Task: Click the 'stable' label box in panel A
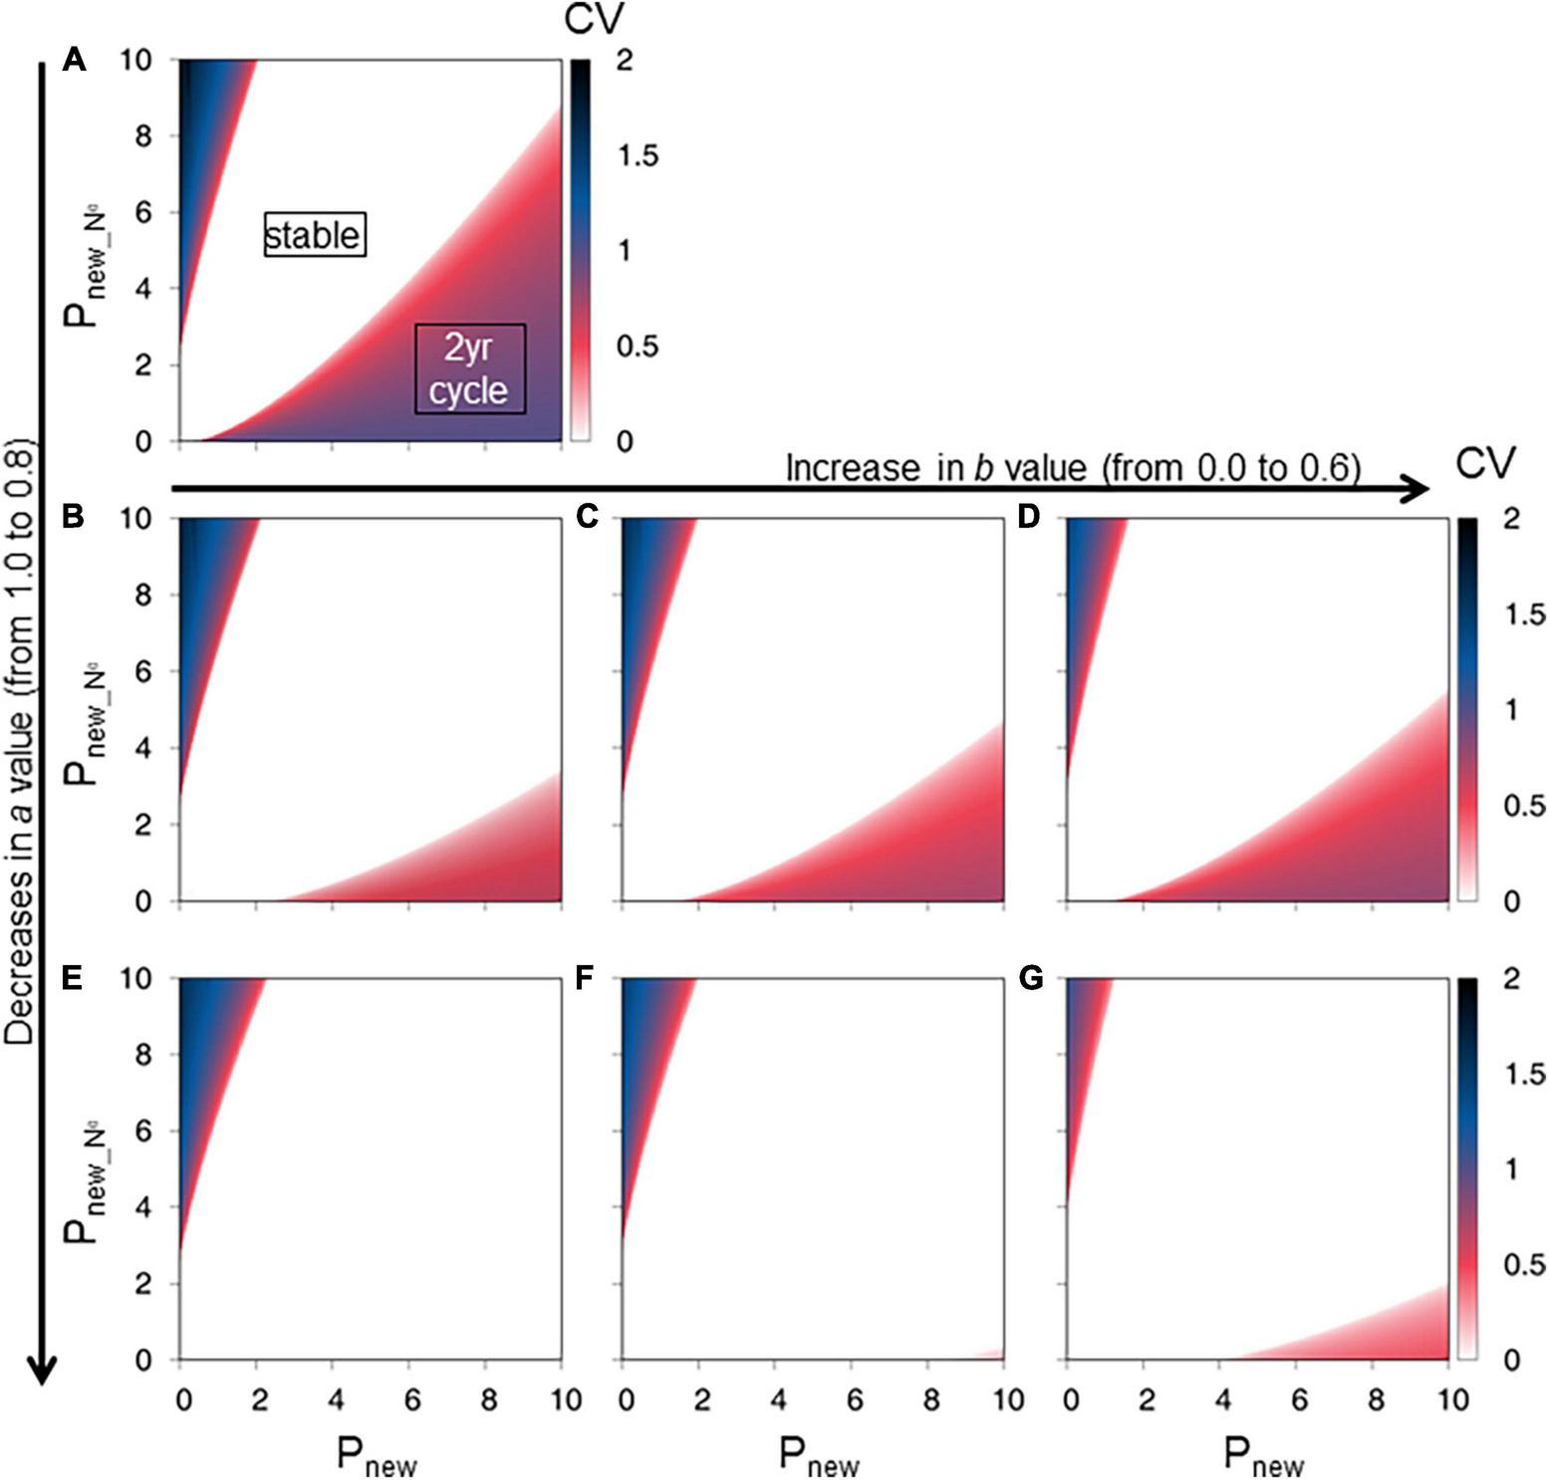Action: pyautogui.click(x=315, y=235)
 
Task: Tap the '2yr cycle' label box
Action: pyautogui.click(x=469, y=369)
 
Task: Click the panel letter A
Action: pyautogui.click(x=74, y=61)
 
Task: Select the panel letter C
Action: pyautogui.click(x=588, y=516)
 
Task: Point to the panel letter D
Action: pyautogui.click(x=1029, y=516)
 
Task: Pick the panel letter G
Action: pyautogui.click(x=1031, y=978)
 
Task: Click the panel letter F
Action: pyautogui.click(x=586, y=978)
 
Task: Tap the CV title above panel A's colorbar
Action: pyautogui.click(x=594, y=19)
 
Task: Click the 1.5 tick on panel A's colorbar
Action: pyautogui.click(x=637, y=155)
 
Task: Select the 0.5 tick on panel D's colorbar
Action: pyautogui.click(x=1524, y=806)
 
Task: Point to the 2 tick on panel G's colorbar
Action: pyautogui.click(x=1511, y=978)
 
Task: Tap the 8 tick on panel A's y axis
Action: pyautogui.click(x=143, y=136)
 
